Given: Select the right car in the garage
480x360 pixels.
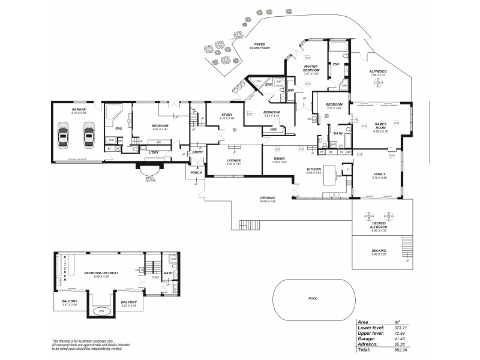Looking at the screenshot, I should click(89, 136).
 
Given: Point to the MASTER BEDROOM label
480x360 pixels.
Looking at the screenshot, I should click(310, 68).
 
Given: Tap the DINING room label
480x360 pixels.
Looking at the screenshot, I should click(279, 158).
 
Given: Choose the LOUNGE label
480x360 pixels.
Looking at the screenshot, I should click(233, 160).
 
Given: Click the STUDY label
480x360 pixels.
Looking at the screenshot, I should click(226, 115).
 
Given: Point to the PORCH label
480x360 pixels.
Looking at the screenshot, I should click(196, 172).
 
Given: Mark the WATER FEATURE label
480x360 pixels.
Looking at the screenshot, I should click(150, 179).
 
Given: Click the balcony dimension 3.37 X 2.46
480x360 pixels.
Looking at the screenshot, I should click(70, 305).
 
